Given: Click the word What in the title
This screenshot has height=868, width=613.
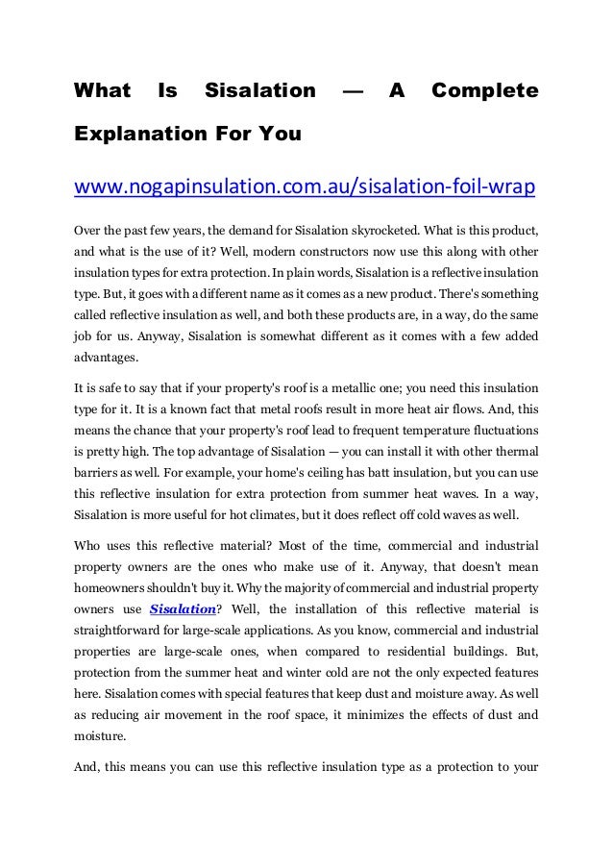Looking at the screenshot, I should tap(103, 91).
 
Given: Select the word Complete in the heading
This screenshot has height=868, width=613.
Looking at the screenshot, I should tap(484, 91).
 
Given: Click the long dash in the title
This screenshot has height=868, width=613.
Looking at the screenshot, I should tap(353, 91).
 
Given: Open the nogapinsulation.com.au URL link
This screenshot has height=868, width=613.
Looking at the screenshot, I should tap(305, 185).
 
